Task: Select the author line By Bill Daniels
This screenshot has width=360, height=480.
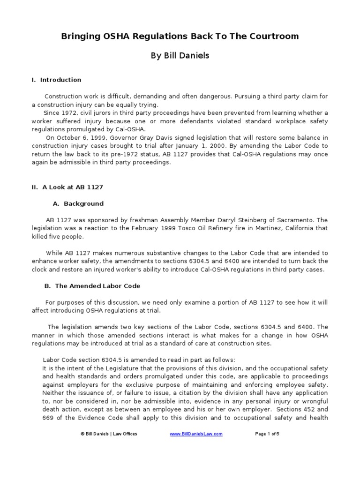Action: (x=180, y=56)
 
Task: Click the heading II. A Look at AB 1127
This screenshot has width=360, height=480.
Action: (x=67, y=187)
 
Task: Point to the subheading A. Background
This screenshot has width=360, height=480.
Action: (x=77, y=204)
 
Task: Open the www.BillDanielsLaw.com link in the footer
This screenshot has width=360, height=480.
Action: (x=196, y=434)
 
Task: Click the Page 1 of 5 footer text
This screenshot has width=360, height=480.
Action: (x=267, y=434)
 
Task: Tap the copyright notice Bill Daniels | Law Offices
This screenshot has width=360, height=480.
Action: (x=109, y=434)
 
